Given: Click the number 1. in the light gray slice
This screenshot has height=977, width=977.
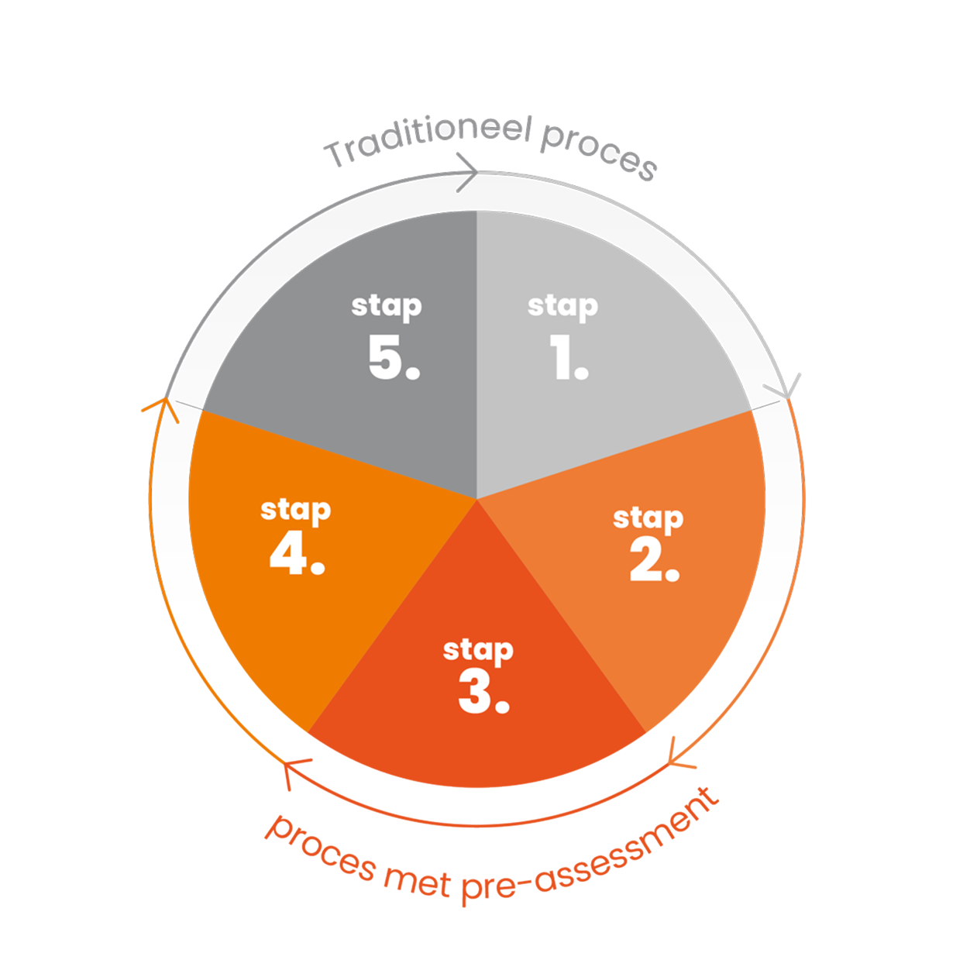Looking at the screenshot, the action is (x=569, y=357).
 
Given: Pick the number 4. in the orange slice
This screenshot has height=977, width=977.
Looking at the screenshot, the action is (x=297, y=552).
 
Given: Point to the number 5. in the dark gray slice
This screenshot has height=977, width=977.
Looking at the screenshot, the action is (x=394, y=357).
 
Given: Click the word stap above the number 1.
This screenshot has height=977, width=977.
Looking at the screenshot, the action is (x=562, y=307).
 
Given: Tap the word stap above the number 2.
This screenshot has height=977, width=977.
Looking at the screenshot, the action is (x=648, y=518).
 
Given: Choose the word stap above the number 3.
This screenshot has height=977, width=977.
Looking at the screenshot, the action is (x=478, y=651).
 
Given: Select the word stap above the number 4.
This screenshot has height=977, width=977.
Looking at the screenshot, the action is (x=296, y=511).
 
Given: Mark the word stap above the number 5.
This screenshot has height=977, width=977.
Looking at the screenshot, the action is (x=387, y=307).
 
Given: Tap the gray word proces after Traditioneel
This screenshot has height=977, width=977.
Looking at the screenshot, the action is (x=599, y=150).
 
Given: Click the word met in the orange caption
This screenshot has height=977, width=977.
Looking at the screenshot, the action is (x=417, y=881).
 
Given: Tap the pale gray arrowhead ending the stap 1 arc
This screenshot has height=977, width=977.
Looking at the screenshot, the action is (x=786, y=388).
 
